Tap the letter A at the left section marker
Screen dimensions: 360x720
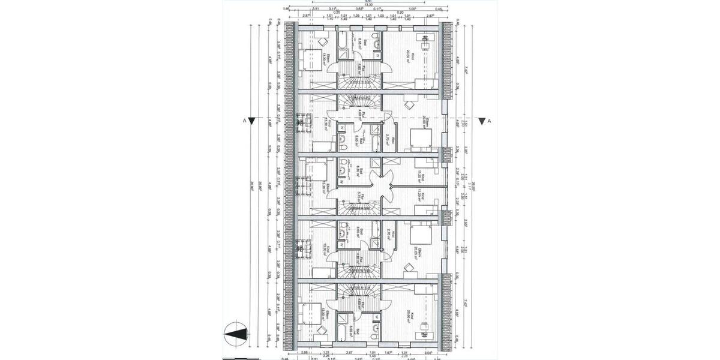[x=244, y=121]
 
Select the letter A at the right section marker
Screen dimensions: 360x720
[x=490, y=121]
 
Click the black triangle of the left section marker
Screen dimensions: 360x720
[x=253, y=121]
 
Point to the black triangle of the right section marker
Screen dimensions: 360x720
[x=481, y=121]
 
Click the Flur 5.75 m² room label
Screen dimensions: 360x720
[x=358, y=194]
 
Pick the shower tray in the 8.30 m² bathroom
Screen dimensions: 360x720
[x=343, y=181]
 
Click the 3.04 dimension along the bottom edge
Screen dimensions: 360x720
[x=428, y=352]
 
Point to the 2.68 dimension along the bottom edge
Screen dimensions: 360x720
[x=305, y=352]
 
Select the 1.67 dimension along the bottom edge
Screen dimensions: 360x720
[x=389, y=352]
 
